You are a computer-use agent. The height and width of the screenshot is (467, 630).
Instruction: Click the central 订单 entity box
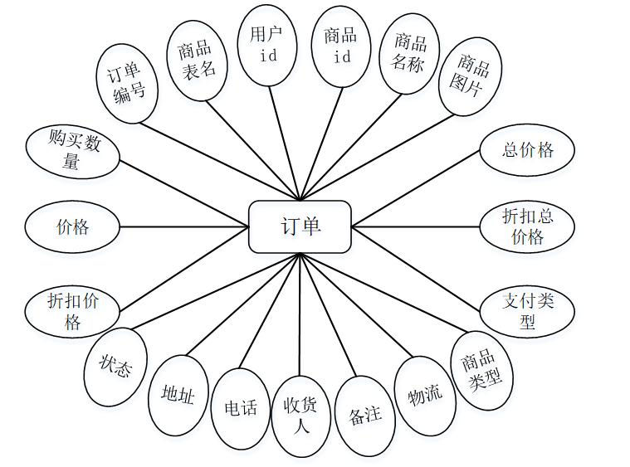point(300,226)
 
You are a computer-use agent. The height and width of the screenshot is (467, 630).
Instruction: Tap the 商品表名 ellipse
point(197,61)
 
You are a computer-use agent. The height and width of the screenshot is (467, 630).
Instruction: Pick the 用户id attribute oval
point(269,45)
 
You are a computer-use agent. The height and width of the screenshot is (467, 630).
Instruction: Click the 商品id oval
point(341,46)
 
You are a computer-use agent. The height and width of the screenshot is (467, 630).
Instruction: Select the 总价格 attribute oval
point(527,151)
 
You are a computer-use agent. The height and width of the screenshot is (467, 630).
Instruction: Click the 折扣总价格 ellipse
point(527,226)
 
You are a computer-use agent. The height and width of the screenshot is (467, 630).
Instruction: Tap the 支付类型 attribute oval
point(527,310)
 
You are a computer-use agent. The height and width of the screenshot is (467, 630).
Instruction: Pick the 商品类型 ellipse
point(481,370)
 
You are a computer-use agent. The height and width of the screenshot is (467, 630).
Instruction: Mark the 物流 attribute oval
point(425,396)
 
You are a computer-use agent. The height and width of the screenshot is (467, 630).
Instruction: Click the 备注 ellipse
point(365,415)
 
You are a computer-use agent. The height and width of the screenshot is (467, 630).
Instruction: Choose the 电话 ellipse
point(241,409)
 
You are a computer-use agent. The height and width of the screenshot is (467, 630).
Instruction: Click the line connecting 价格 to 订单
point(184,226)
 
